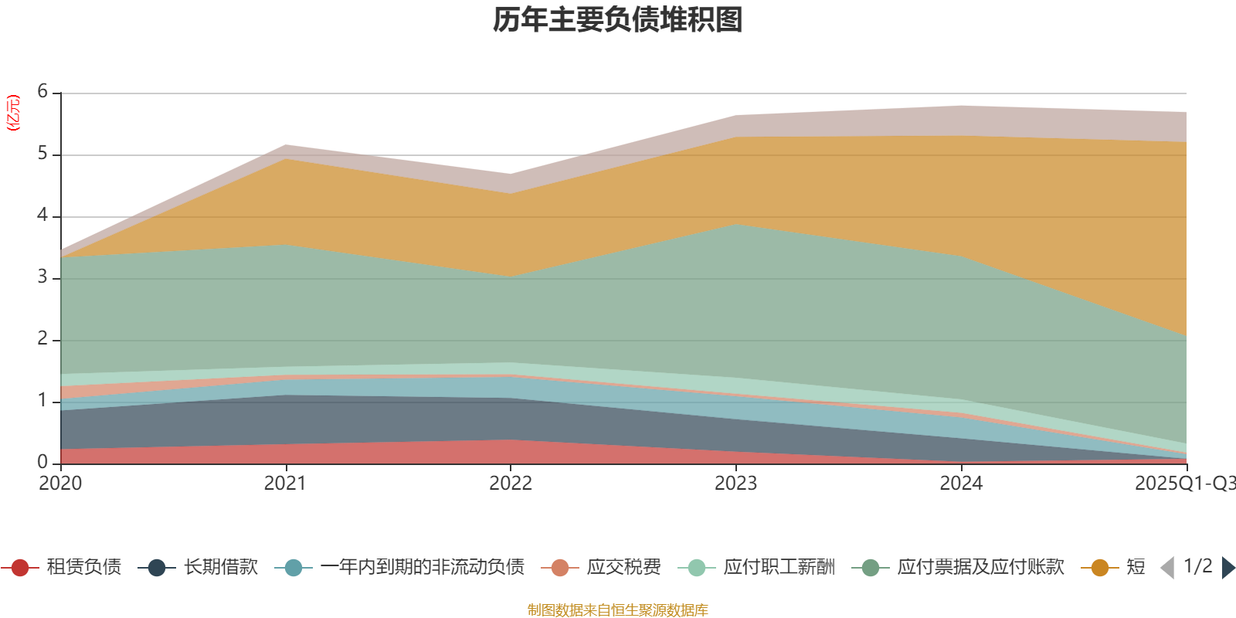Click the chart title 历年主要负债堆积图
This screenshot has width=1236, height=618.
[x=618, y=20]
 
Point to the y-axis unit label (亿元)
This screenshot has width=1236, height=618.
[x=13, y=113]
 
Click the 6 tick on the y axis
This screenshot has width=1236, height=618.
[x=42, y=92]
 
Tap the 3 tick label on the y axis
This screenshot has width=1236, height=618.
[x=42, y=277]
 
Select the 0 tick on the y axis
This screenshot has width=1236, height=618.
[x=42, y=462]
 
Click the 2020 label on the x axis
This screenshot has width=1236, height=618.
[x=60, y=484]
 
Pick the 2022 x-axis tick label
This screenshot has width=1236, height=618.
[x=511, y=484]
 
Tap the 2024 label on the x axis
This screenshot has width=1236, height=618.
[x=961, y=484]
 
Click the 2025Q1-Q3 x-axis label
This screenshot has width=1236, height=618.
[x=1183, y=484]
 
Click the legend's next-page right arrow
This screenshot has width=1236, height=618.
[x=1228, y=568]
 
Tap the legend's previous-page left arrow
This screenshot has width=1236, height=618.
[x=1167, y=568]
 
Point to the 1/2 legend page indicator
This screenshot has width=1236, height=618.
[x=1197, y=566]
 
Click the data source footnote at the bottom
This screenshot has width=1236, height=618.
[x=618, y=610]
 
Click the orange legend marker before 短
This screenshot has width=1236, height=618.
[x=1100, y=568]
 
